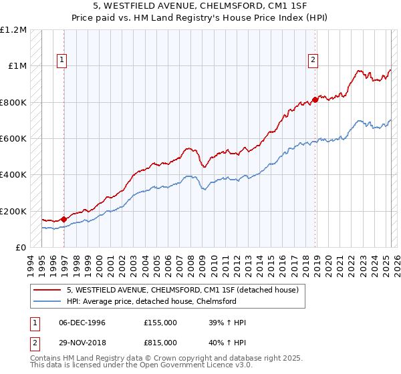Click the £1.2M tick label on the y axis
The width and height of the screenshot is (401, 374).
coord(13,30)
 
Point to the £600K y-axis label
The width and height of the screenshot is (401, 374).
coord(13,139)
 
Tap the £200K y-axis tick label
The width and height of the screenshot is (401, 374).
coord(13,211)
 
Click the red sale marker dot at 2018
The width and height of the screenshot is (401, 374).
coord(315,100)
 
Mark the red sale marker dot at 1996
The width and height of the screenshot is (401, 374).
coord(64,219)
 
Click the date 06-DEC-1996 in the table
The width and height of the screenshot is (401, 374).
coord(82,323)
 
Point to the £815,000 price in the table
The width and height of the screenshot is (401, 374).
coord(160,344)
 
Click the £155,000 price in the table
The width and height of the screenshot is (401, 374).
coord(160,323)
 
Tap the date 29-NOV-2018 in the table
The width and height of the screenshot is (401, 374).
coord(82,344)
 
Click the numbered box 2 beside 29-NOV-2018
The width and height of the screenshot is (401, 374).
coord(34,344)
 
